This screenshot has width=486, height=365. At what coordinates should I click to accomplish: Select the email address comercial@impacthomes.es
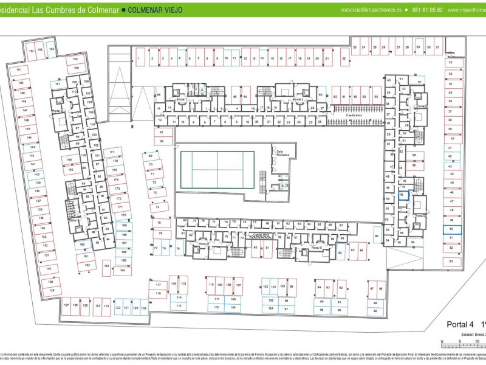[371, 10]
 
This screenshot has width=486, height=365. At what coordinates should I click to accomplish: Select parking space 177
[112, 151]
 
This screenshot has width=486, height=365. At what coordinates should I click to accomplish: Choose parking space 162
[87, 265]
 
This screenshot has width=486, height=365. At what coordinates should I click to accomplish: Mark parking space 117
[158, 285]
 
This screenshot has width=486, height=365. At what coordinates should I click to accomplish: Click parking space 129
[51, 282]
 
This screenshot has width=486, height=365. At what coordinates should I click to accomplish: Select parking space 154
[52, 49]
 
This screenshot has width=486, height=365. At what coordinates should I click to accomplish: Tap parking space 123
[106, 306]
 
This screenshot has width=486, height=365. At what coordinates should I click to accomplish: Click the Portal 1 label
[180, 99]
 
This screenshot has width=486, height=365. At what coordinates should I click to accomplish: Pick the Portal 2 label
[298, 99]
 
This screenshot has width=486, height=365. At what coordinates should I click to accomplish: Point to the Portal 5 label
[317, 248]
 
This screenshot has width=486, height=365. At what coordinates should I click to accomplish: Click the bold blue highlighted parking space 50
[451, 229]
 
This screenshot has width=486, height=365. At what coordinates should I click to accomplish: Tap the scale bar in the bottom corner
[462, 343]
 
